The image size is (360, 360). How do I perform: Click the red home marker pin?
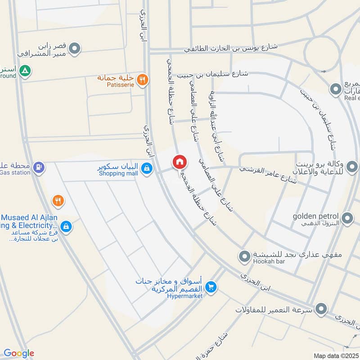click(179, 162)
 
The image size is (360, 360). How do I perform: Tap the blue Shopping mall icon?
click(146, 169)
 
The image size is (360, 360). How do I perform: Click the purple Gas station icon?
click(39, 167)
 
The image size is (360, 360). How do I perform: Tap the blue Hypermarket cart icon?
click(211, 286)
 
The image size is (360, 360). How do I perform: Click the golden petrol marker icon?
click(347, 219)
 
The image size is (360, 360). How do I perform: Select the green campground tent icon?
click(26, 71)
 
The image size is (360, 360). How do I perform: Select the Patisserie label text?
click(120, 84)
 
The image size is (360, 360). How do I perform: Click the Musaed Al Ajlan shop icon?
click(66, 226)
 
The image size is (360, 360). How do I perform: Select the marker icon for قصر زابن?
click(75, 48)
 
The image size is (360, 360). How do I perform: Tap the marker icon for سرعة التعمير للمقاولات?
click(321, 309)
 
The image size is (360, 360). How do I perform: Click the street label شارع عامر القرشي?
click(268, 175)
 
